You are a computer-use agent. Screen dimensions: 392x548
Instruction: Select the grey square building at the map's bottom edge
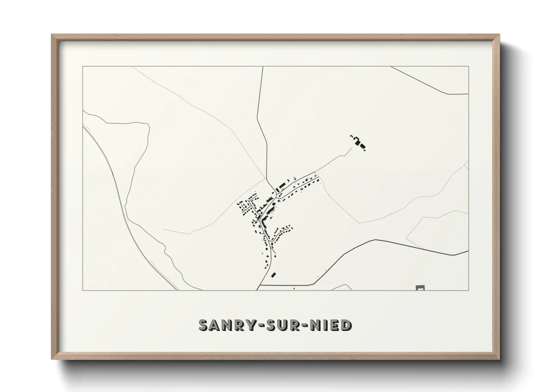pos(420,288)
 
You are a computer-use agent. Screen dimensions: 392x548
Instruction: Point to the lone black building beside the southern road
pos(274,275)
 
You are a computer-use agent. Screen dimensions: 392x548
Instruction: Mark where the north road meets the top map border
pos(263,67)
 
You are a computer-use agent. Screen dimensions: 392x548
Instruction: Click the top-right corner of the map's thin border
pos(468,66)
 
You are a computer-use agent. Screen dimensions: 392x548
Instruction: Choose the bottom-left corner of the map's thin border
pos(83,290)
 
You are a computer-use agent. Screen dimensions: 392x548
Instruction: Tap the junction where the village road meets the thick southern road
pos(260,285)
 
